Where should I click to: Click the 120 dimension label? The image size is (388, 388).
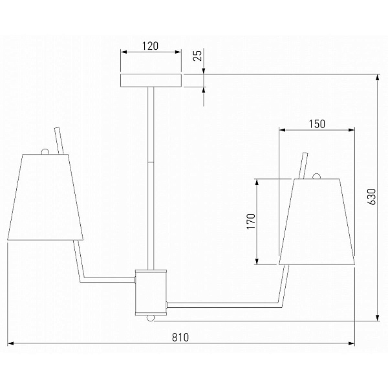click(150, 47)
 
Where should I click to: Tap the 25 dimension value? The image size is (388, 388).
click(198, 55)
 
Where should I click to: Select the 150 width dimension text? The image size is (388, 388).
click(317, 124)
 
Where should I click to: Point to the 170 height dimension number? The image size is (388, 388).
click(251, 221)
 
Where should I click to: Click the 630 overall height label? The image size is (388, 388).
click(371, 197)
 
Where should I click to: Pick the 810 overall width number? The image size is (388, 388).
click(180, 338)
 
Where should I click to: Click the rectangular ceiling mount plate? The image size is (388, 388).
click(151, 80)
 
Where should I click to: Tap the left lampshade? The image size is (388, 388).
click(45, 197)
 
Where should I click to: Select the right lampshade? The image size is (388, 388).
click(317, 222)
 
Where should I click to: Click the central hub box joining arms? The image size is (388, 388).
click(151, 292)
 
